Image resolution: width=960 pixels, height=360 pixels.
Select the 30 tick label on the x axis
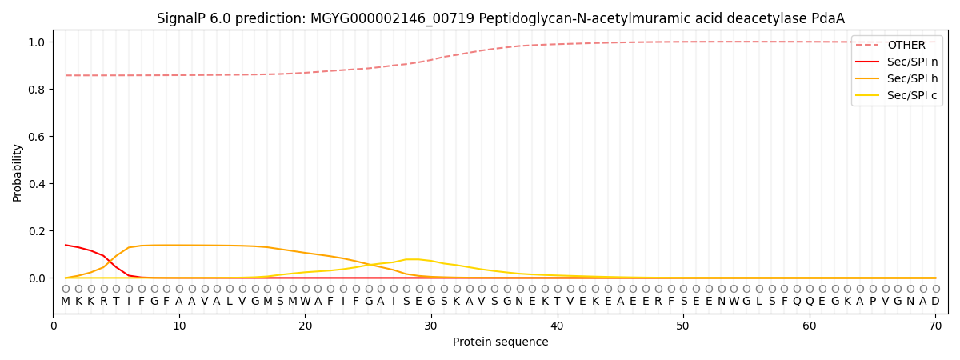point(431,326)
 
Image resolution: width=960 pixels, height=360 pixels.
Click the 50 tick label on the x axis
point(682,326)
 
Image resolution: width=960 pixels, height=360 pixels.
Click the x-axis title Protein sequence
point(500,342)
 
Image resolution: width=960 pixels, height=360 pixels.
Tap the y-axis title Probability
point(18,173)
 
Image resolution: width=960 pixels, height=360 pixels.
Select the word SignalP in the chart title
point(181,18)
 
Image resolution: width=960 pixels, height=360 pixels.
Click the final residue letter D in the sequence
point(935,302)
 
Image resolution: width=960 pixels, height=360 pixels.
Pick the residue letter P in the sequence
point(872,302)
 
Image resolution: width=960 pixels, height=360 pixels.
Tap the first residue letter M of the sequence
point(66,302)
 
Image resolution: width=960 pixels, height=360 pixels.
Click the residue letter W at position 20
point(305,302)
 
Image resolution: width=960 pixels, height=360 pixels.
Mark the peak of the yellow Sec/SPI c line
point(412,259)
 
